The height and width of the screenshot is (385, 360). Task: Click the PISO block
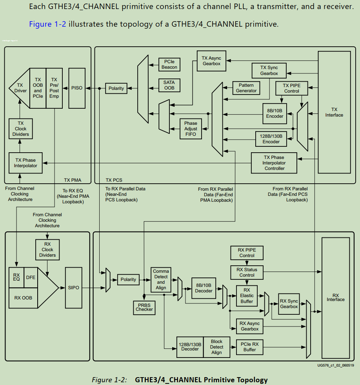[x=77, y=88]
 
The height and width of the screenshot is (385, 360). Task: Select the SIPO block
[x=73, y=288]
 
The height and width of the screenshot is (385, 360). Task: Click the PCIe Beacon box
[x=169, y=64]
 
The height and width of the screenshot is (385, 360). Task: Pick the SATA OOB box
[x=169, y=85]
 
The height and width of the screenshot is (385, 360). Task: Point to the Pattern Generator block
[x=246, y=88]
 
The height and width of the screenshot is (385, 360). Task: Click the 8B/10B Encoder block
[x=275, y=113]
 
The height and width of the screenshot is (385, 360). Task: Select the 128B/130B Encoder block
[x=271, y=139]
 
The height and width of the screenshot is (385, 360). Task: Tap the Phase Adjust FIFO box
[x=191, y=129]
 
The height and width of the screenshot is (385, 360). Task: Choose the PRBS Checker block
[x=144, y=307]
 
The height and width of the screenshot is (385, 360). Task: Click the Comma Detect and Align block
[x=161, y=279]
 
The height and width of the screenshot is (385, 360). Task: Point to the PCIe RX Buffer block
[x=249, y=347]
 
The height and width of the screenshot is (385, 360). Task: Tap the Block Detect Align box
[x=216, y=347]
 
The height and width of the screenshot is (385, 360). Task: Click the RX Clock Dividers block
[x=47, y=250]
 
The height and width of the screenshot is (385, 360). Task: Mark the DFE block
[x=31, y=277]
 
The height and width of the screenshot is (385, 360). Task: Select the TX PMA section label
[x=73, y=180]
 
